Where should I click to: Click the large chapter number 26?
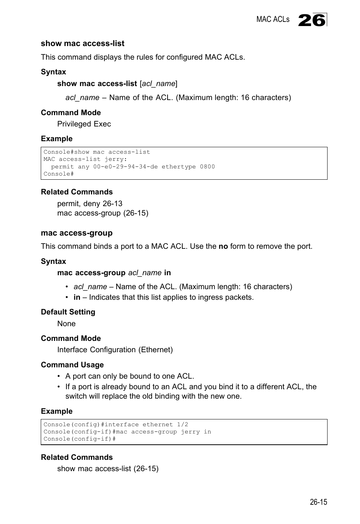click(x=312, y=20)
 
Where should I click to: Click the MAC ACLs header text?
click(x=272, y=20)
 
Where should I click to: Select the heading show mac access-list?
click(x=82, y=43)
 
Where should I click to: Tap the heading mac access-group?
click(x=77, y=233)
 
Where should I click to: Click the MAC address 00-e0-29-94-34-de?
click(x=125, y=166)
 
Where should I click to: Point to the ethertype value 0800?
click(x=207, y=166)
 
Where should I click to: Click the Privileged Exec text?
click(x=84, y=124)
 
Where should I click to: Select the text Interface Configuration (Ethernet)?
click(x=115, y=350)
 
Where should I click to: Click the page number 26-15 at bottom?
click(x=318, y=502)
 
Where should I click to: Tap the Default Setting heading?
click(x=68, y=312)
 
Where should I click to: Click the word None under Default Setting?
click(x=66, y=324)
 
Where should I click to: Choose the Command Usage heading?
click(x=72, y=365)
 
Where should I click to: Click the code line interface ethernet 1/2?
click(x=115, y=424)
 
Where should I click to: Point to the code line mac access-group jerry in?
click(x=127, y=432)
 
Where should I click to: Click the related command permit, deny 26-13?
click(x=90, y=203)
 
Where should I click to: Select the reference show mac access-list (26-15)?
click(x=108, y=469)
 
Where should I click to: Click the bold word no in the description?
click(x=223, y=246)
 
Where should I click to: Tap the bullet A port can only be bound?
click(x=129, y=376)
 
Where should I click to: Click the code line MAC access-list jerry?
click(x=85, y=159)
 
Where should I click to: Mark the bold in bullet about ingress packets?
click(x=77, y=297)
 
